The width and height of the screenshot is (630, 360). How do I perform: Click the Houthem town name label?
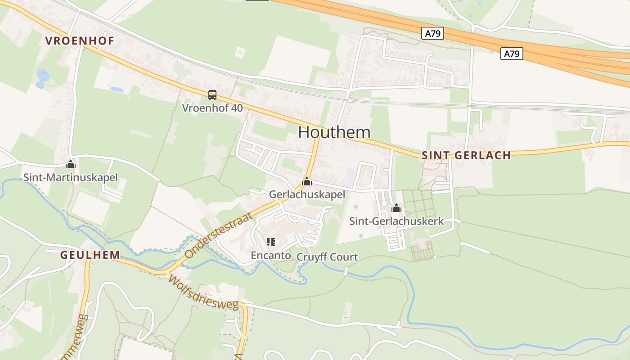334,132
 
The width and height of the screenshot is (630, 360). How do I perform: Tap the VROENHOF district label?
80,40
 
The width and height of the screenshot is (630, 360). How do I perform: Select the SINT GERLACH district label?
466,155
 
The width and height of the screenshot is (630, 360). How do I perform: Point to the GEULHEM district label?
90,255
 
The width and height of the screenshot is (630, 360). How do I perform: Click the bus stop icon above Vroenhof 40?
212,95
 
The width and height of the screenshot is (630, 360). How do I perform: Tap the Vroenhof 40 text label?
212,108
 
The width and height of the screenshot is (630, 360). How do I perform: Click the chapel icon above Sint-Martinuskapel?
70,165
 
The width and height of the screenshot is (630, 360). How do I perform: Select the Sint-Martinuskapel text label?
70,177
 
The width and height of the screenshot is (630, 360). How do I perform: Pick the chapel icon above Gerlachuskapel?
307,181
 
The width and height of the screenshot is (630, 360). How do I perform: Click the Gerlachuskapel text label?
307,194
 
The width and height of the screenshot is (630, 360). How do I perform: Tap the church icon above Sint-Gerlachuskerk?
396,208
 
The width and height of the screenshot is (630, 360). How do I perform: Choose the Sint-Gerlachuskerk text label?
396,221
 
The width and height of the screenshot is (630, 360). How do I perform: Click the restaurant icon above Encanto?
270,242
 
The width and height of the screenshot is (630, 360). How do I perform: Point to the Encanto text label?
270,256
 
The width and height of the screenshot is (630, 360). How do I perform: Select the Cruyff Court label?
327,257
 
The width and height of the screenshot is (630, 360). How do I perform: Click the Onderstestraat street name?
219,236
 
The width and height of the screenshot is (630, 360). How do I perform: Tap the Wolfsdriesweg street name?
203,292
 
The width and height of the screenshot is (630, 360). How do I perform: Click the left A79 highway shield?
433,33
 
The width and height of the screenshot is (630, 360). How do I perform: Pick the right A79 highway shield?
512,54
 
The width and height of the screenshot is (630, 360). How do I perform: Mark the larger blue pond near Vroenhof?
43,76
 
